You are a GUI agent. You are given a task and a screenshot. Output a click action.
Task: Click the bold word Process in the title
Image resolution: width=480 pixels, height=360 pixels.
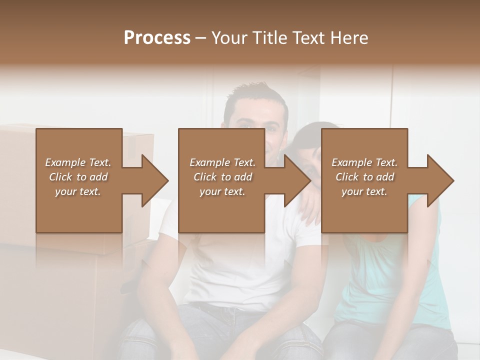(157, 38)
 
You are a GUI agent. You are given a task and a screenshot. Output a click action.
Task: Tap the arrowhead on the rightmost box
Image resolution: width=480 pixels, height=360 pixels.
(439, 180)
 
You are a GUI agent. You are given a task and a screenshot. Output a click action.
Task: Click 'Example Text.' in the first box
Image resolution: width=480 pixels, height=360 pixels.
(78, 162)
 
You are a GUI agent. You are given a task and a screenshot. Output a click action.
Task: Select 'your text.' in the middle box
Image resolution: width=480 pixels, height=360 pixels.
(222, 191)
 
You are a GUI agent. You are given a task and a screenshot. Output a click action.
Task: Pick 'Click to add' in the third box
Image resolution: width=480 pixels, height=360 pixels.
(365, 177)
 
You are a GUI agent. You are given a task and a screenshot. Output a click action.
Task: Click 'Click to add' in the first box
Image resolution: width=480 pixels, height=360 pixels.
(78, 177)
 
